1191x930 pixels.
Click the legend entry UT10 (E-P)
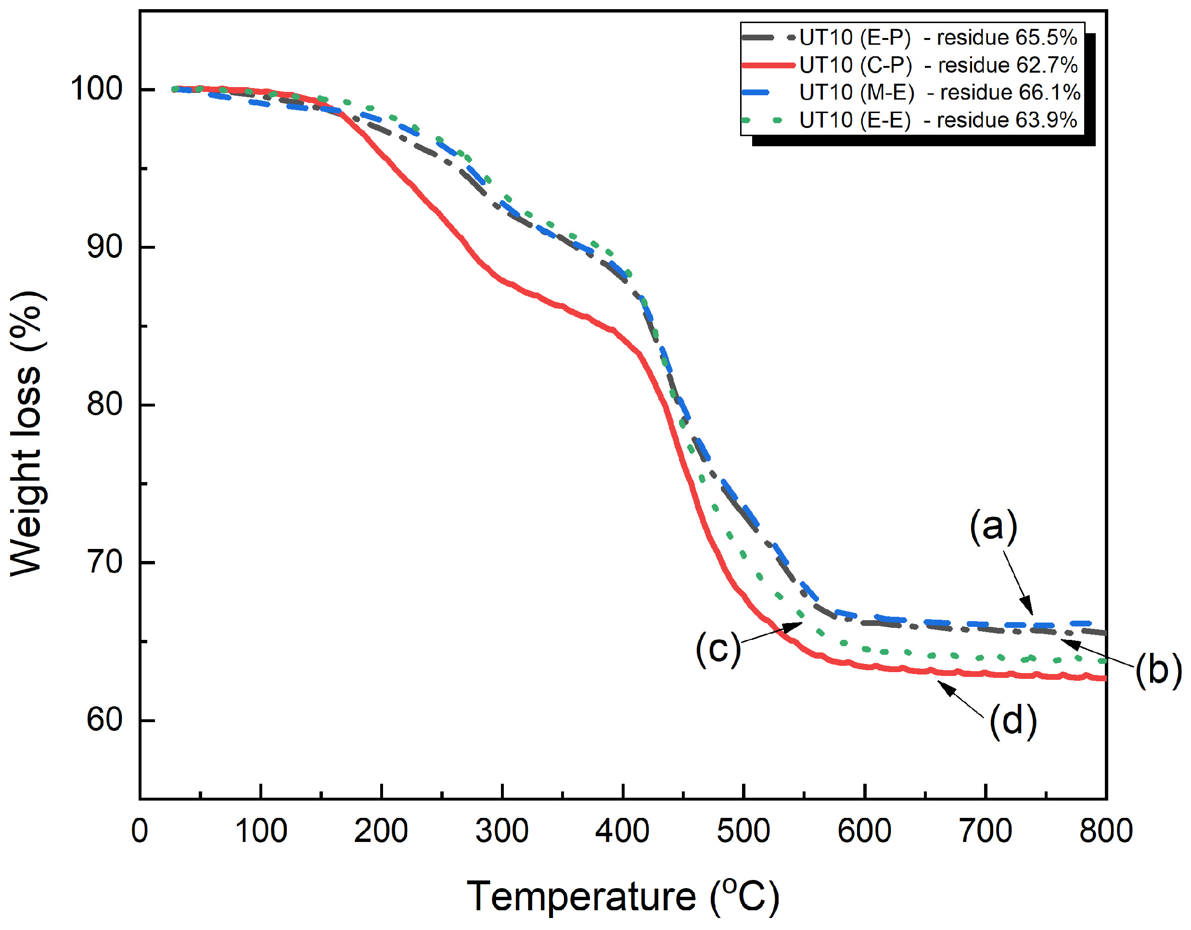855,38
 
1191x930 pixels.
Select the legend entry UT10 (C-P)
855,65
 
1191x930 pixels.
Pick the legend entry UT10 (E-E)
855,120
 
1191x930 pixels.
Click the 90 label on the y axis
105,246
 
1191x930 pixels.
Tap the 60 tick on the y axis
105,719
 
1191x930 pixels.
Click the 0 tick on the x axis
140,831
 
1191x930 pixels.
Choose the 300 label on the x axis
502,831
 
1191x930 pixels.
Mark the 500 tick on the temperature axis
743,831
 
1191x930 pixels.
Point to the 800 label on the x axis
1106,831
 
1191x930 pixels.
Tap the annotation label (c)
717,648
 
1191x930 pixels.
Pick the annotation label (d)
1012,721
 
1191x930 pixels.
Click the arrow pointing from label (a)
1018,582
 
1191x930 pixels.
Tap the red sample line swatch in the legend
768,65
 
